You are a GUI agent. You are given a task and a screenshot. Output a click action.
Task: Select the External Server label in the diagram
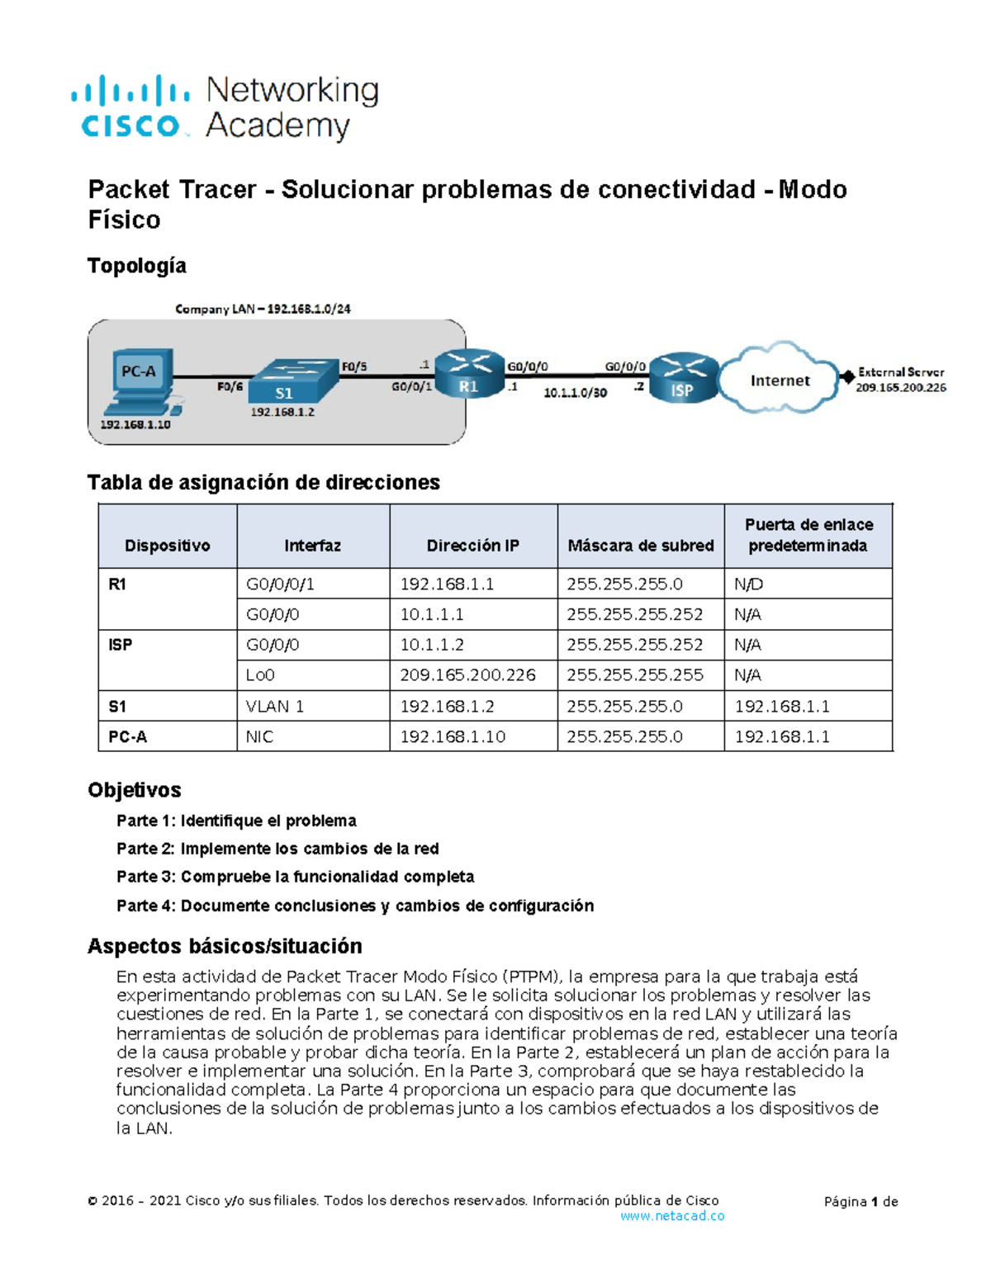pyautogui.click(x=900, y=372)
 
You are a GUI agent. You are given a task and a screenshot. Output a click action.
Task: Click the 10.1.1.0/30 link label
pyautogui.click(x=575, y=393)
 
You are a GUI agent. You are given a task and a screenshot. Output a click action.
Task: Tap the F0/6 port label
pyautogui.click(x=230, y=386)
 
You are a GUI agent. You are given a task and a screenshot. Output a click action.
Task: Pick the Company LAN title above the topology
pyautogui.click(x=263, y=309)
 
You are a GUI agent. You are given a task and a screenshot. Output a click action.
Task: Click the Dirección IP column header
pyautogui.click(x=472, y=546)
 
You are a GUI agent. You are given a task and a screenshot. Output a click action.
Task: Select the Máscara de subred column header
pyautogui.click(x=641, y=546)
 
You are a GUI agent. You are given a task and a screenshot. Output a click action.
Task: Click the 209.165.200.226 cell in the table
pyautogui.click(x=467, y=675)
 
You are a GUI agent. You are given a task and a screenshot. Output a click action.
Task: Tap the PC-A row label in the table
pyautogui.click(x=127, y=736)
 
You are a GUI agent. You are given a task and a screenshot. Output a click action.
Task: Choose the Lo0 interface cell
pyautogui.click(x=260, y=675)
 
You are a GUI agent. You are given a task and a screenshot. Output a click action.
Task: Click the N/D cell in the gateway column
pyautogui.click(x=748, y=584)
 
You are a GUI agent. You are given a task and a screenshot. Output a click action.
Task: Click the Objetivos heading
pyautogui.click(x=135, y=790)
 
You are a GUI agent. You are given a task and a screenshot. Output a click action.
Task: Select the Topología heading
pyautogui.click(x=137, y=266)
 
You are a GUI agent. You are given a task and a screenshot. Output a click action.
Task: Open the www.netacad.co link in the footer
pyautogui.click(x=671, y=1216)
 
